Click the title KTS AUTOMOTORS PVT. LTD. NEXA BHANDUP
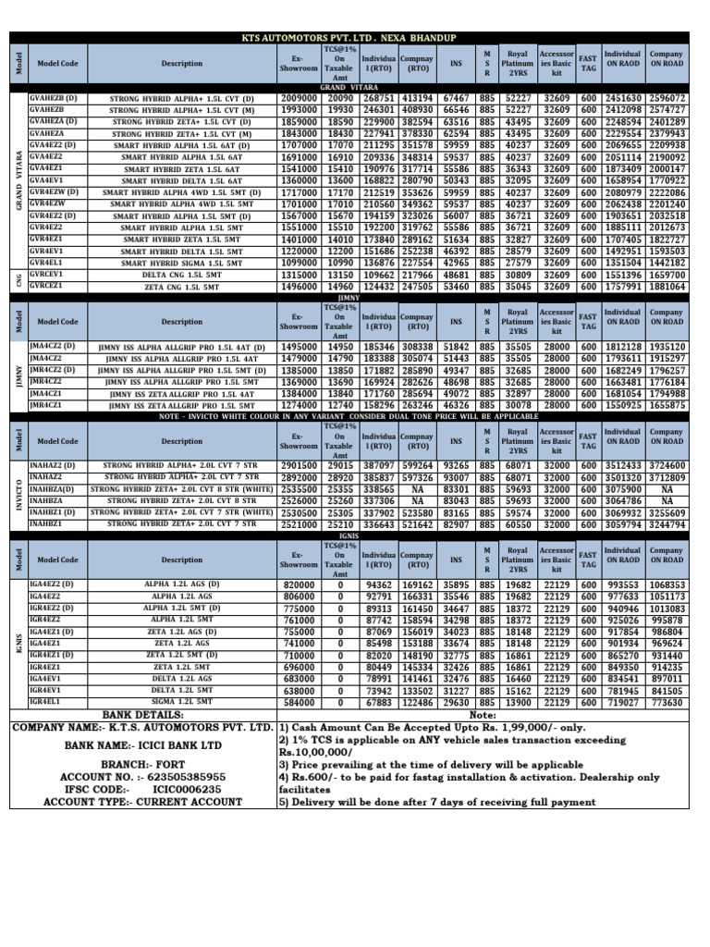pos(349,37)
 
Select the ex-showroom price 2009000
pos(299,98)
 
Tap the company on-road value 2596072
pos(667,98)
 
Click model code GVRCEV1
pos(47,276)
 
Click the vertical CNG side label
pos(18,281)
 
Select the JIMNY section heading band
pos(349,298)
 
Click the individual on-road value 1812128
pos(622,346)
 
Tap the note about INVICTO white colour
pos(349,416)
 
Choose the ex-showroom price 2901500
pos(299,465)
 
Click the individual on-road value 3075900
pos(622,489)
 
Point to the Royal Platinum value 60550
pos(518,524)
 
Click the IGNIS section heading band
pos(349,535)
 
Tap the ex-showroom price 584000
pos(299,703)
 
